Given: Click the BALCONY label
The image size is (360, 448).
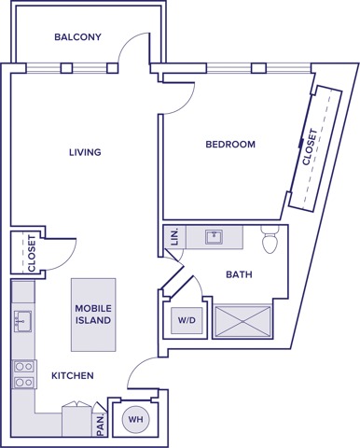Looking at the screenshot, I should tap(77, 37).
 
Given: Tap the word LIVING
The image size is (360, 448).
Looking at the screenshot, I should tap(85, 152).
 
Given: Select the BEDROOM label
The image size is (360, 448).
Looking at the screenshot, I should tap(230, 145).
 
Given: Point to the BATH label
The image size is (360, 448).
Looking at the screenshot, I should tap(239, 274).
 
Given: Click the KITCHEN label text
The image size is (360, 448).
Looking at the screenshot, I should tap(72, 375).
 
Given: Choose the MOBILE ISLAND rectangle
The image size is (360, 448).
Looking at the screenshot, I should tap(93, 314).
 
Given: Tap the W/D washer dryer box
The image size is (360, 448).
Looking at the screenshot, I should tap(187, 321).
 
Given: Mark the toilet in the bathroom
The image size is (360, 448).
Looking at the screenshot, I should tap(270, 243).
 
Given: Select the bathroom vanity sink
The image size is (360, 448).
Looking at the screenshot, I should tap(214, 237).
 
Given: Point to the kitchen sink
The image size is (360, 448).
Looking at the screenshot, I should tap(21, 323).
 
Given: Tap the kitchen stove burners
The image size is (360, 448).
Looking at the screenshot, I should tap(21, 373).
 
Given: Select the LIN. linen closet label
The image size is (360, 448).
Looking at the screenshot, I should tap(174, 238).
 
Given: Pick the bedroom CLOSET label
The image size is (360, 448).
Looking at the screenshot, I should tap(311, 147).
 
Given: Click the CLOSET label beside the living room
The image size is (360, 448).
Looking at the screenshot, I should tap(32, 252).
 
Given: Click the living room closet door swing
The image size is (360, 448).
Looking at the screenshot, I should tap(61, 247).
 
